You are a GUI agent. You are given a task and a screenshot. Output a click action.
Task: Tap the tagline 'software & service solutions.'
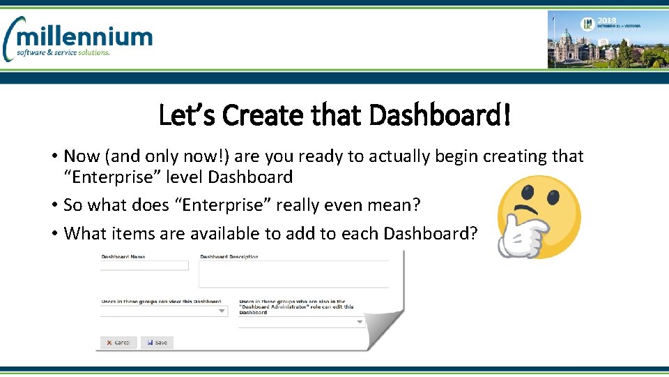pos(63,53)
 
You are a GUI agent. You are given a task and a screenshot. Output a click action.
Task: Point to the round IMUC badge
pos(587,24)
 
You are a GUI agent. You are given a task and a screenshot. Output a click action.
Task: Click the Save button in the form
pos(157,343)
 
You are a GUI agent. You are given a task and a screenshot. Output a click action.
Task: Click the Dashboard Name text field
pos(144,266)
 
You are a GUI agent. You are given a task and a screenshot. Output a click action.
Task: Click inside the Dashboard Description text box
pos(293,274)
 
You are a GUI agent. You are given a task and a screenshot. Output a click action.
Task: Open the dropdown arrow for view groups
pos(222,311)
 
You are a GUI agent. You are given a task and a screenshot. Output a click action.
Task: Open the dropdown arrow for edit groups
pos(360,323)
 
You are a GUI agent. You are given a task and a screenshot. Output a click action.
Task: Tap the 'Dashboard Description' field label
pos(229,257)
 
